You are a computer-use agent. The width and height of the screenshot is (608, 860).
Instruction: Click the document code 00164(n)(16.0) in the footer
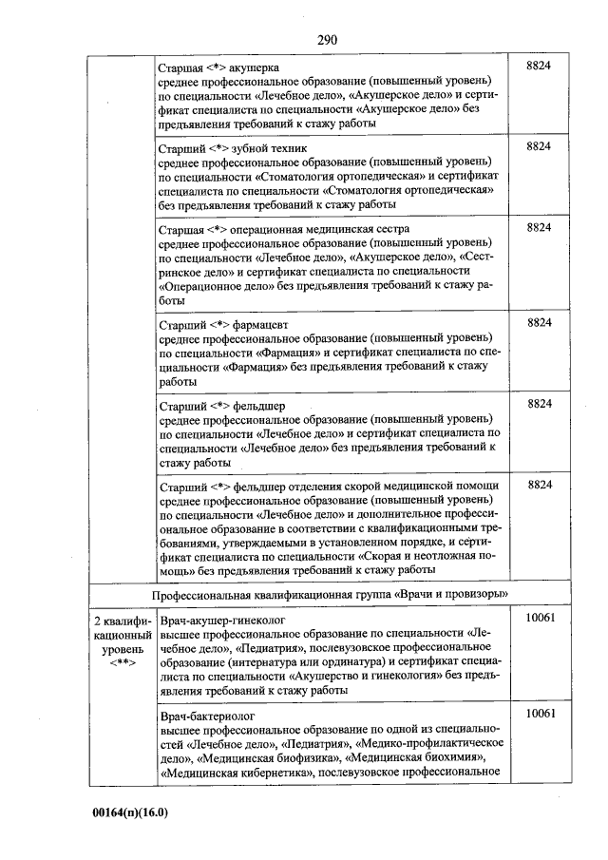[x=129, y=813]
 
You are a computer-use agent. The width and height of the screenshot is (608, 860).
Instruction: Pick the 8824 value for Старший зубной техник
[x=539, y=146]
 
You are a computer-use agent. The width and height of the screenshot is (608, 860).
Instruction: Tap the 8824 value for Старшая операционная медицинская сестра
[x=539, y=228]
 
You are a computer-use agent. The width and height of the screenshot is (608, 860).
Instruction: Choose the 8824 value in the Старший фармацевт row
[x=539, y=323]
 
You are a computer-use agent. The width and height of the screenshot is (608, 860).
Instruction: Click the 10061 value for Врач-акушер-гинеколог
[x=539, y=618]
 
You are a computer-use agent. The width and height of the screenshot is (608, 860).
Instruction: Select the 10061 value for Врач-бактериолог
[x=539, y=713]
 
